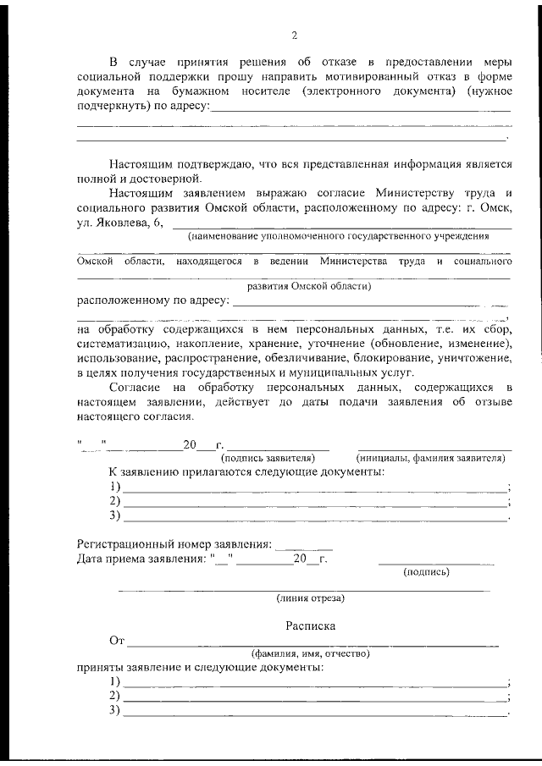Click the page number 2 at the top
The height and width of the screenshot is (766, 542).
click(x=294, y=36)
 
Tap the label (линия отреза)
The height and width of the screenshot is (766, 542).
click(x=310, y=598)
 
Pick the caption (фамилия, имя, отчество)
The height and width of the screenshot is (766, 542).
click(x=310, y=653)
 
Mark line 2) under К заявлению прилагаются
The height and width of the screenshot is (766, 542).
click(x=313, y=501)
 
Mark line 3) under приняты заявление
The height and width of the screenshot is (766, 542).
click(x=313, y=711)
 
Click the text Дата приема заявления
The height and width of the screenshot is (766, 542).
click(x=140, y=559)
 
